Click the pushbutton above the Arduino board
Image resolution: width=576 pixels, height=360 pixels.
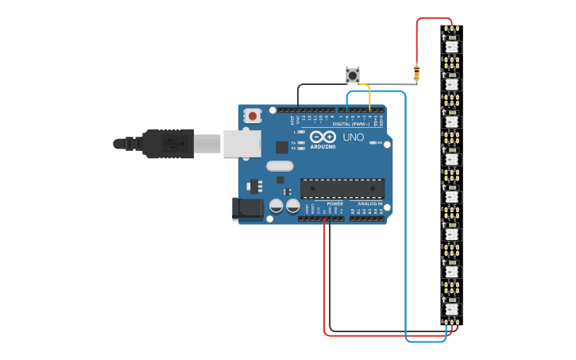353,75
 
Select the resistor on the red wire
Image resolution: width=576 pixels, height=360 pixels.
416,73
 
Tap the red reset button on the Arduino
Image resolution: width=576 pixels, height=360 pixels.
253,116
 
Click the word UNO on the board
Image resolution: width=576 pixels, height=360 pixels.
353,137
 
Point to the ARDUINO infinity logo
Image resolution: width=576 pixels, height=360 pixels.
323,137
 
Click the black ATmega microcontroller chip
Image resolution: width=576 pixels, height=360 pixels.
342,188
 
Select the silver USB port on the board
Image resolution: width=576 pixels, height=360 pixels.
242,144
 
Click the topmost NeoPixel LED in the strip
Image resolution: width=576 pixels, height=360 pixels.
451,46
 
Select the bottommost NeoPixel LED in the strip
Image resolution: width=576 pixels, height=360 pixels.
451,308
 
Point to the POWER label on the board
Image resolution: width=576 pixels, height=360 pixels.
334,203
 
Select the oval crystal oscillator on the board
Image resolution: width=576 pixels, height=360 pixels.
280,166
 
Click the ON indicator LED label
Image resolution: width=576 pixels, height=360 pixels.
380,143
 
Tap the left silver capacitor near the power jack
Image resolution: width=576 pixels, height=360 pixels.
276,206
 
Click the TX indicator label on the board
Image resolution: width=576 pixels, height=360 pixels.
293,142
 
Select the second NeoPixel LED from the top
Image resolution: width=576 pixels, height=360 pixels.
451,83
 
